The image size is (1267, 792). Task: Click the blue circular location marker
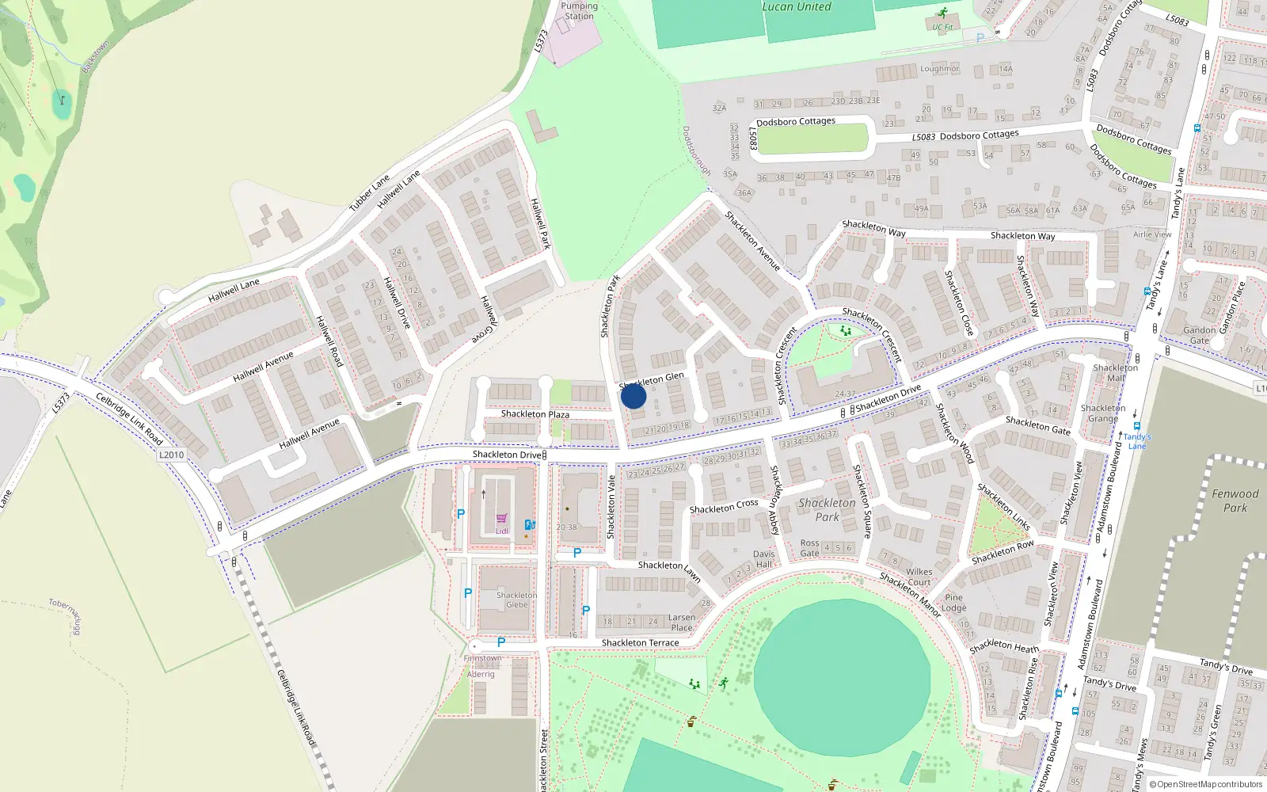coord(633,396)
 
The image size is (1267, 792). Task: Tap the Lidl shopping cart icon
coord(501,519)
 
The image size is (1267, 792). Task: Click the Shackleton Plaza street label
coord(535,414)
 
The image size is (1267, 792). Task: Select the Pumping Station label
coord(579,11)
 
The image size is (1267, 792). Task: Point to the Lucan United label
coord(796,7)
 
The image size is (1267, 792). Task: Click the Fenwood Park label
coord(1235,501)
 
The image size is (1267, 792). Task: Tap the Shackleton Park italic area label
coord(827,510)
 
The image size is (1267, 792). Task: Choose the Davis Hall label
coord(763,559)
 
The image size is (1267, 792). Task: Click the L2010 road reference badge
coord(171,455)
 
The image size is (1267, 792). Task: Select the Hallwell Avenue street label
coord(263,366)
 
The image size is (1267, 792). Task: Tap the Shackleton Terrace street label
coord(640,643)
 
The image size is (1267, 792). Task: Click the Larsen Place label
coord(681,623)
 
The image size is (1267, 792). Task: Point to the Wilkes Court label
coord(919,577)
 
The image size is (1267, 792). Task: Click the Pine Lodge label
coord(953,603)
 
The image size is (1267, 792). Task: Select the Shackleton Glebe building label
coord(516,600)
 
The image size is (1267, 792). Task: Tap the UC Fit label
coord(942,27)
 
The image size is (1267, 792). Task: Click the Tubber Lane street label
coord(369,193)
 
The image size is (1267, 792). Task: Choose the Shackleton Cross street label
coord(723,506)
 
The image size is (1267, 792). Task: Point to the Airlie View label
coord(1152,234)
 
